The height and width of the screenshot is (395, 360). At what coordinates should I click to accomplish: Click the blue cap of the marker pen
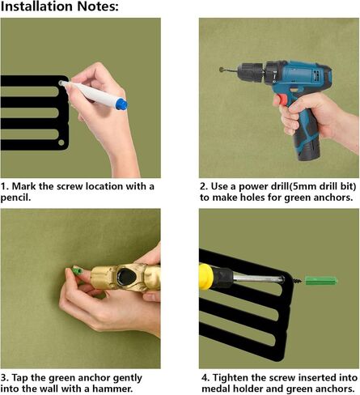click(x=121, y=104)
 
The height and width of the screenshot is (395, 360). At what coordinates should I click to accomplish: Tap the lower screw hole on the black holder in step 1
click(x=61, y=142)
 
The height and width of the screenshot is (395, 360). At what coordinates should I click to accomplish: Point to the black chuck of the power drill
click(x=251, y=71)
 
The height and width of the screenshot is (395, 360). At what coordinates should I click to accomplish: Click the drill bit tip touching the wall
click(x=222, y=70)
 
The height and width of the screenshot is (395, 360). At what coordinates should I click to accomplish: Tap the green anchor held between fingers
click(x=78, y=270)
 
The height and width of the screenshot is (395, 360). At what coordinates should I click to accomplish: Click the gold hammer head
click(x=125, y=277)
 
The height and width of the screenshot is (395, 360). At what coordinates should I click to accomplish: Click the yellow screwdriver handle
click(x=206, y=277)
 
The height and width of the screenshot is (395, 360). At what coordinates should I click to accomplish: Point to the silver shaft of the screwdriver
click(x=258, y=278)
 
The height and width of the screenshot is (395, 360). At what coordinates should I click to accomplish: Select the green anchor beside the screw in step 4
click(x=320, y=281)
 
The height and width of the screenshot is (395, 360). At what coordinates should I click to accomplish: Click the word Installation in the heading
click(x=37, y=6)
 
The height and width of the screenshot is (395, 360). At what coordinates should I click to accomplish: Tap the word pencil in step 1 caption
click(x=15, y=197)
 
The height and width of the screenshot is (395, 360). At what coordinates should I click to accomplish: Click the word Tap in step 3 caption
click(x=20, y=378)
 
